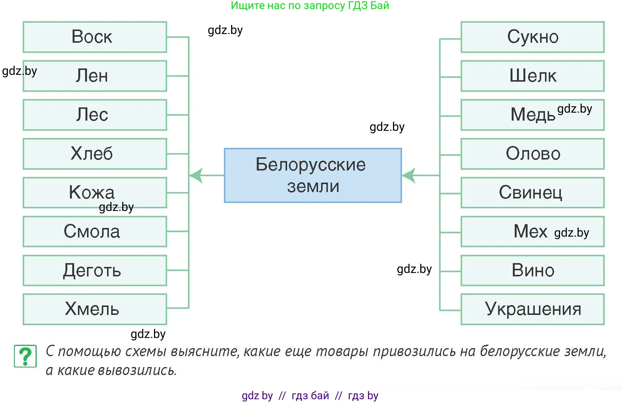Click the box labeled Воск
[95, 37]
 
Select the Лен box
[95, 76]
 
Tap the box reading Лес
[95, 115]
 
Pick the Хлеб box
[95, 154]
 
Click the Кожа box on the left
[95, 192]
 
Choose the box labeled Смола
[95, 231]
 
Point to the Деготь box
[95, 270]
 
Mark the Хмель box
[95, 309]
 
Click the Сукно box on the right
[533, 37]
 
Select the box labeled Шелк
[533, 76]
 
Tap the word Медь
[533, 115]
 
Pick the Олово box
[533, 154]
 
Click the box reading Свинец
[533, 192]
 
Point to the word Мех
[530, 231]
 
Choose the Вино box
[533, 270]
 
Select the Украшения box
[533, 309]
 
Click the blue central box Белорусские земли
[312, 175]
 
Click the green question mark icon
[25, 356]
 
